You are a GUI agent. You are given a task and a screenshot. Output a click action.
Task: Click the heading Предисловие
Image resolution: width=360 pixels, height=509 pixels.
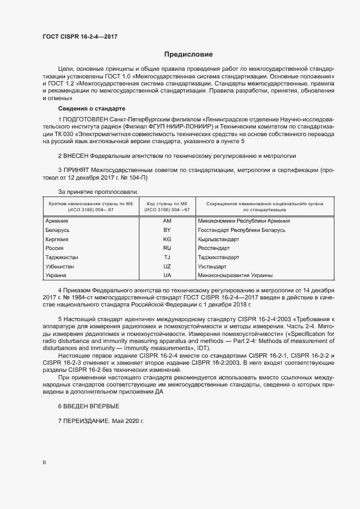(x=189, y=54)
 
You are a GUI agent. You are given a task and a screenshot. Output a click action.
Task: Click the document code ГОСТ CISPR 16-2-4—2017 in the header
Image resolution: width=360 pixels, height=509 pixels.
(x=80, y=37)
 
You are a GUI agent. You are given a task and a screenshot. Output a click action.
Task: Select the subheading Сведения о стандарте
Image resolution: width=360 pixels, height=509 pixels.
(x=91, y=109)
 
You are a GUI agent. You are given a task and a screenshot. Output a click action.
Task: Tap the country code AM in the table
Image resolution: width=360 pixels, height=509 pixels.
(x=167, y=221)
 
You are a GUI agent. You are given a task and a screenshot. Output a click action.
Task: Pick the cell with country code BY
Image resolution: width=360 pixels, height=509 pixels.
(x=167, y=230)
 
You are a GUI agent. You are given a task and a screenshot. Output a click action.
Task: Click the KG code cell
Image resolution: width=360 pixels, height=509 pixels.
(x=167, y=240)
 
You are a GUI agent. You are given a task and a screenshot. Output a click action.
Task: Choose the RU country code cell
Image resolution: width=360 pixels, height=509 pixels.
(x=167, y=248)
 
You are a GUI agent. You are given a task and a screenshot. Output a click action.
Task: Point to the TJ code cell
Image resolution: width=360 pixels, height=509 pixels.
(x=167, y=257)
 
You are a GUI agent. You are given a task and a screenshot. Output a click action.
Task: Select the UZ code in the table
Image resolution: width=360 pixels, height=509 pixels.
(x=167, y=267)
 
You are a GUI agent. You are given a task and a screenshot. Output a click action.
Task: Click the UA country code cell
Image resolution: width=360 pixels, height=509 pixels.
(x=167, y=276)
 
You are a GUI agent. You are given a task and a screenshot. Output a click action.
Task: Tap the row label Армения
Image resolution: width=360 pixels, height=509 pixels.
(x=57, y=221)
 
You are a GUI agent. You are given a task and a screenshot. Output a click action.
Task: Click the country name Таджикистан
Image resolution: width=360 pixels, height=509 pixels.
(x=62, y=257)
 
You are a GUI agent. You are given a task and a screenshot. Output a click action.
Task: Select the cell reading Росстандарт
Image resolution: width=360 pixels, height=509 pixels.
(x=213, y=248)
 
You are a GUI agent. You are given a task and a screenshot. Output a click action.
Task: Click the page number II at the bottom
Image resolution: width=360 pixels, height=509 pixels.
(x=44, y=463)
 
